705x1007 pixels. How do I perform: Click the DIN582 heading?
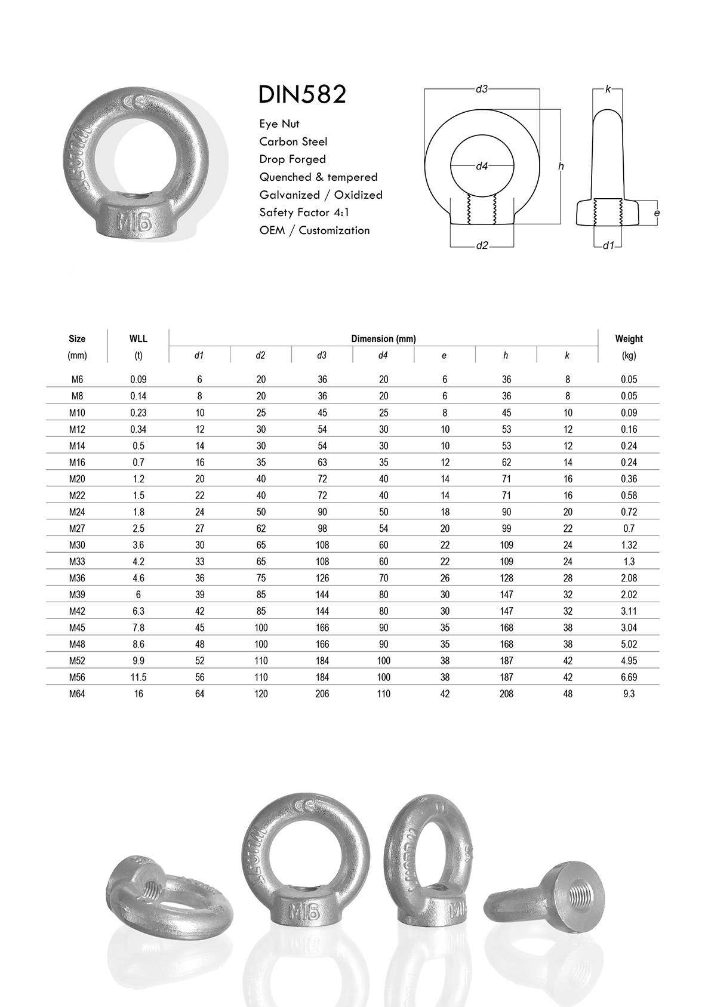click(302, 95)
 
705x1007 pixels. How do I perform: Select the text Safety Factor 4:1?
click(304, 213)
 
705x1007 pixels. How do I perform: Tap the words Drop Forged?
click(293, 159)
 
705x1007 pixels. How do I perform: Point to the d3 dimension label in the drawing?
click(482, 89)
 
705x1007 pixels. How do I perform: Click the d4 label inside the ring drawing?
click(482, 167)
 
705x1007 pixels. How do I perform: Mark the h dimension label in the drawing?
click(561, 167)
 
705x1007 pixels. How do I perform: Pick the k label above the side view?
click(608, 89)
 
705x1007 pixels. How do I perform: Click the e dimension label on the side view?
click(657, 213)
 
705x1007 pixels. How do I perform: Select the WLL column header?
click(138, 338)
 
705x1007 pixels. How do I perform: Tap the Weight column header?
click(629, 338)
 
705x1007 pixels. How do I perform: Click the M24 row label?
click(77, 512)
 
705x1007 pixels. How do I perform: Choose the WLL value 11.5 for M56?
click(138, 678)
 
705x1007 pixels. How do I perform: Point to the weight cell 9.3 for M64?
click(629, 694)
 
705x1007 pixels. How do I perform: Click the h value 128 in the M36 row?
click(506, 578)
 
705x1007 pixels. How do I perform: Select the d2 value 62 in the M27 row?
click(261, 529)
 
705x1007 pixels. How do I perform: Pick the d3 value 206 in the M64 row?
click(322, 694)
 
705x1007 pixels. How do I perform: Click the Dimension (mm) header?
click(383, 338)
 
